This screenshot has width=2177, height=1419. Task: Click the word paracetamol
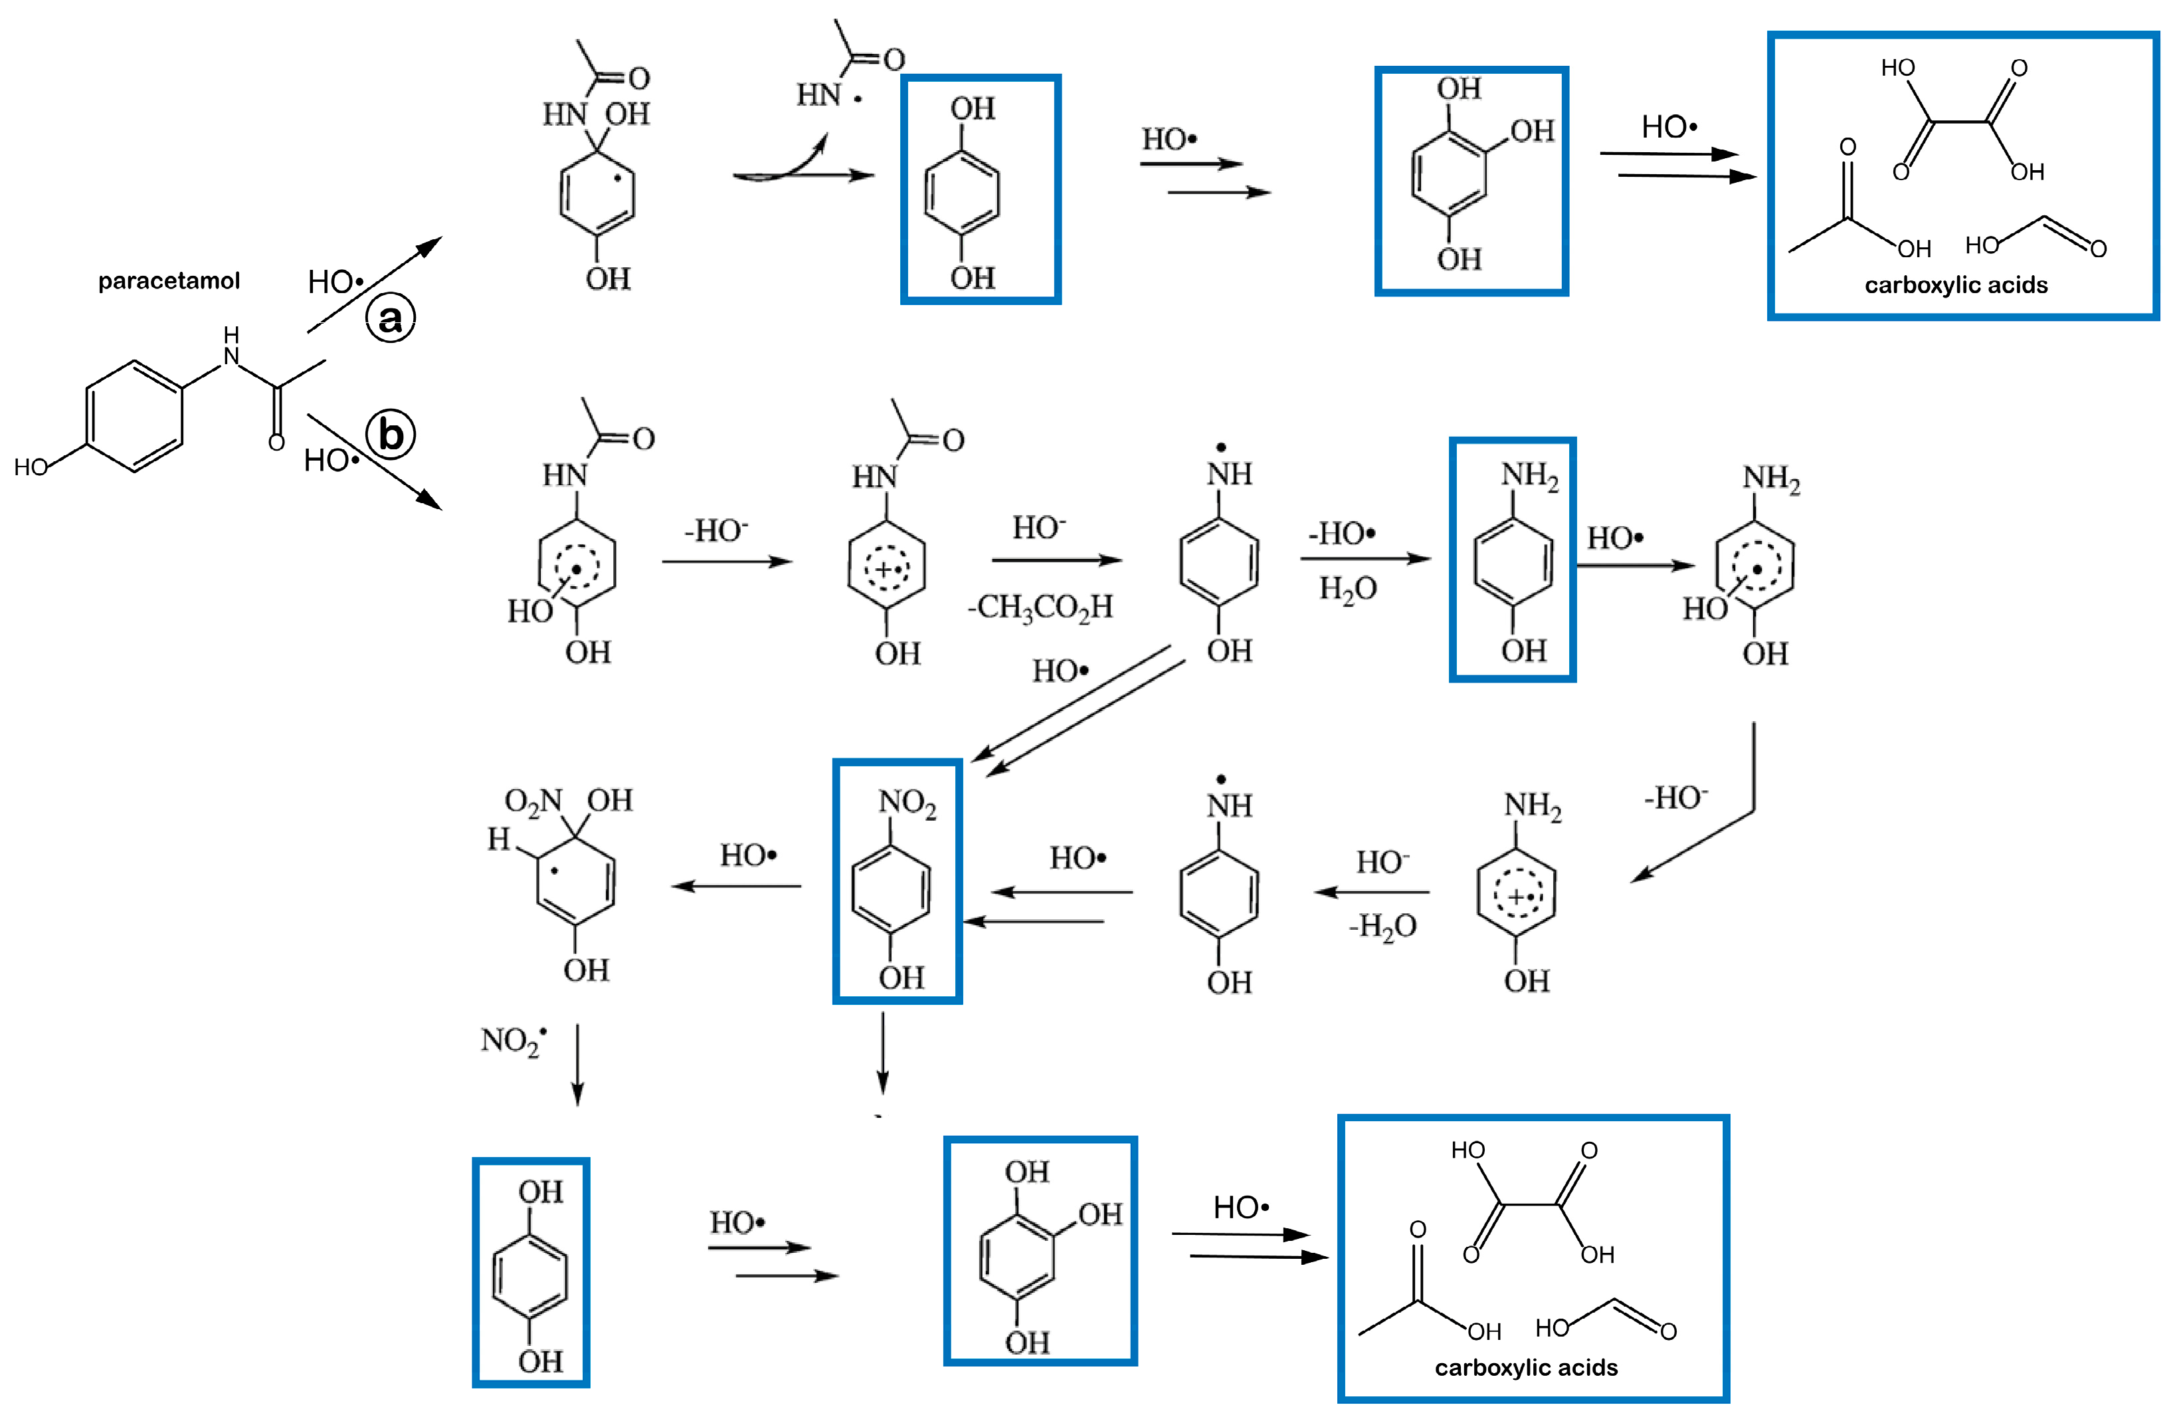click(169, 281)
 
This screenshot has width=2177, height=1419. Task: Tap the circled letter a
click(391, 318)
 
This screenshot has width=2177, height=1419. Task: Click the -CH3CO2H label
click(1041, 607)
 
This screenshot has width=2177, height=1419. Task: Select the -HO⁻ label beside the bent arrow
click(1675, 798)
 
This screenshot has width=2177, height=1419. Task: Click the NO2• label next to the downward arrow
click(513, 1040)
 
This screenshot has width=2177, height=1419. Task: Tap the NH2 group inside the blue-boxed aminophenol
click(1529, 476)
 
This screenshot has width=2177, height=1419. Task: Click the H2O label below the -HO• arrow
click(1347, 588)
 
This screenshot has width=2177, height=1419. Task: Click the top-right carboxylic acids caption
click(1956, 285)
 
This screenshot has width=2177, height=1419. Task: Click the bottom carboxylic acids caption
click(1526, 1368)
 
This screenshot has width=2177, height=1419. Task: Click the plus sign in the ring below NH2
click(1516, 897)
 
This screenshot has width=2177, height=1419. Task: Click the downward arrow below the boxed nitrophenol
click(883, 1052)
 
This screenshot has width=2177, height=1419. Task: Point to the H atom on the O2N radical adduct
click(498, 839)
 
